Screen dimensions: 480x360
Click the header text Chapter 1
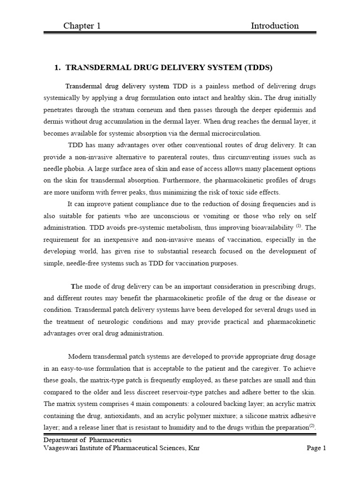[82, 26]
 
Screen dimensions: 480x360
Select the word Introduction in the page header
[275, 26]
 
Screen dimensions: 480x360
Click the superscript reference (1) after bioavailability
[299, 226]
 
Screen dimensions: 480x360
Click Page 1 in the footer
[316, 448]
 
